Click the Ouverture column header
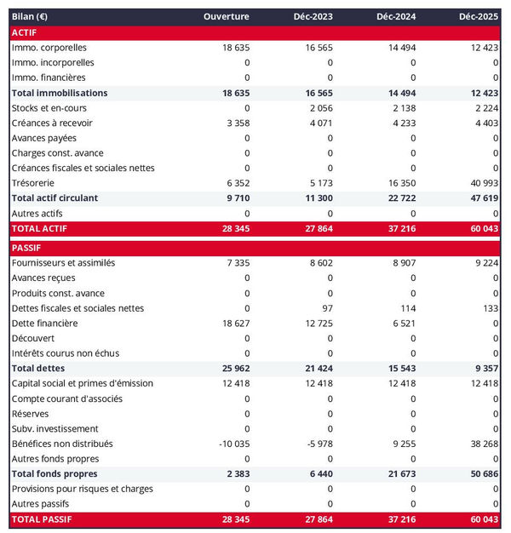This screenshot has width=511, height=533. point(227,17)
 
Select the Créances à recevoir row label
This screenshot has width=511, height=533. point(52,123)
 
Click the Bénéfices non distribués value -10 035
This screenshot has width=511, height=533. point(233,444)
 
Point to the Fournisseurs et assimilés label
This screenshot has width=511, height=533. point(63,263)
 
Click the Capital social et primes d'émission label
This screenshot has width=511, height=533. point(82,383)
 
